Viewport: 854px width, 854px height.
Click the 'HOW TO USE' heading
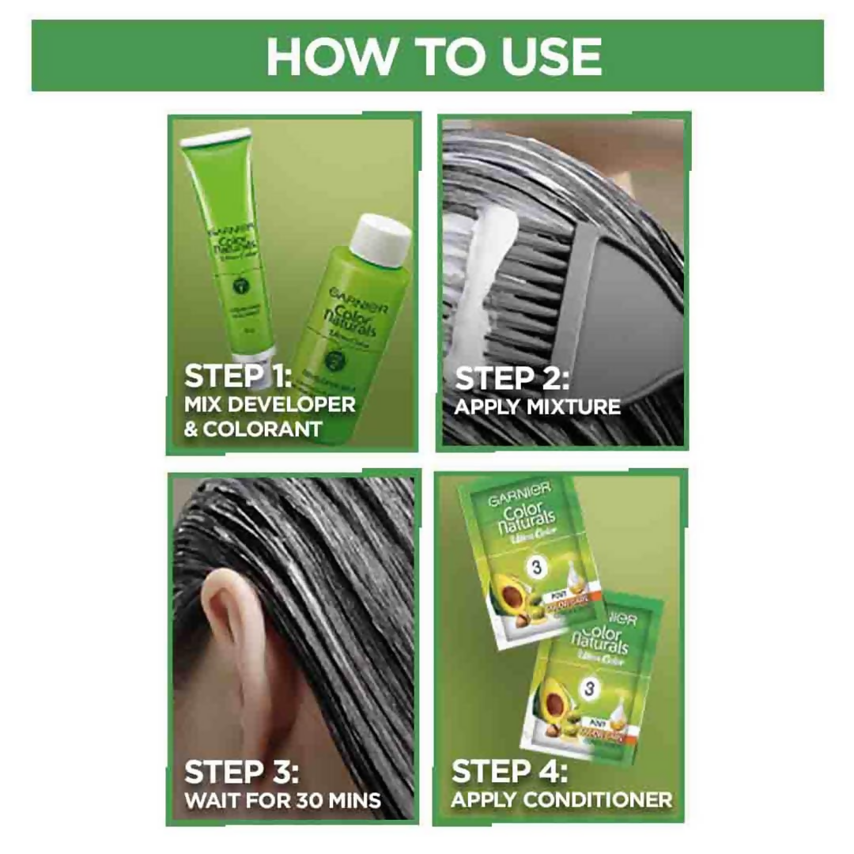pos(433,56)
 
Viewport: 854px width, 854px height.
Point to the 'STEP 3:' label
pos(240,772)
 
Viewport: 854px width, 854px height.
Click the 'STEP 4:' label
pos(509,771)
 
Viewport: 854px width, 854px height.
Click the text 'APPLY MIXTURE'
pos(538,408)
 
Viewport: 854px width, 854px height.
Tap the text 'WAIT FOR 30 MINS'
pos(282,799)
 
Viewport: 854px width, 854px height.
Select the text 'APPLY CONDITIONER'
pos(561,799)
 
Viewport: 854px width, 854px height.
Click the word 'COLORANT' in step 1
pos(263,429)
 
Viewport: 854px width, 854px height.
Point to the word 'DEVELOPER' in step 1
pos(294,405)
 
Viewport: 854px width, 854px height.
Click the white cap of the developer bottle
pos(382,236)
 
